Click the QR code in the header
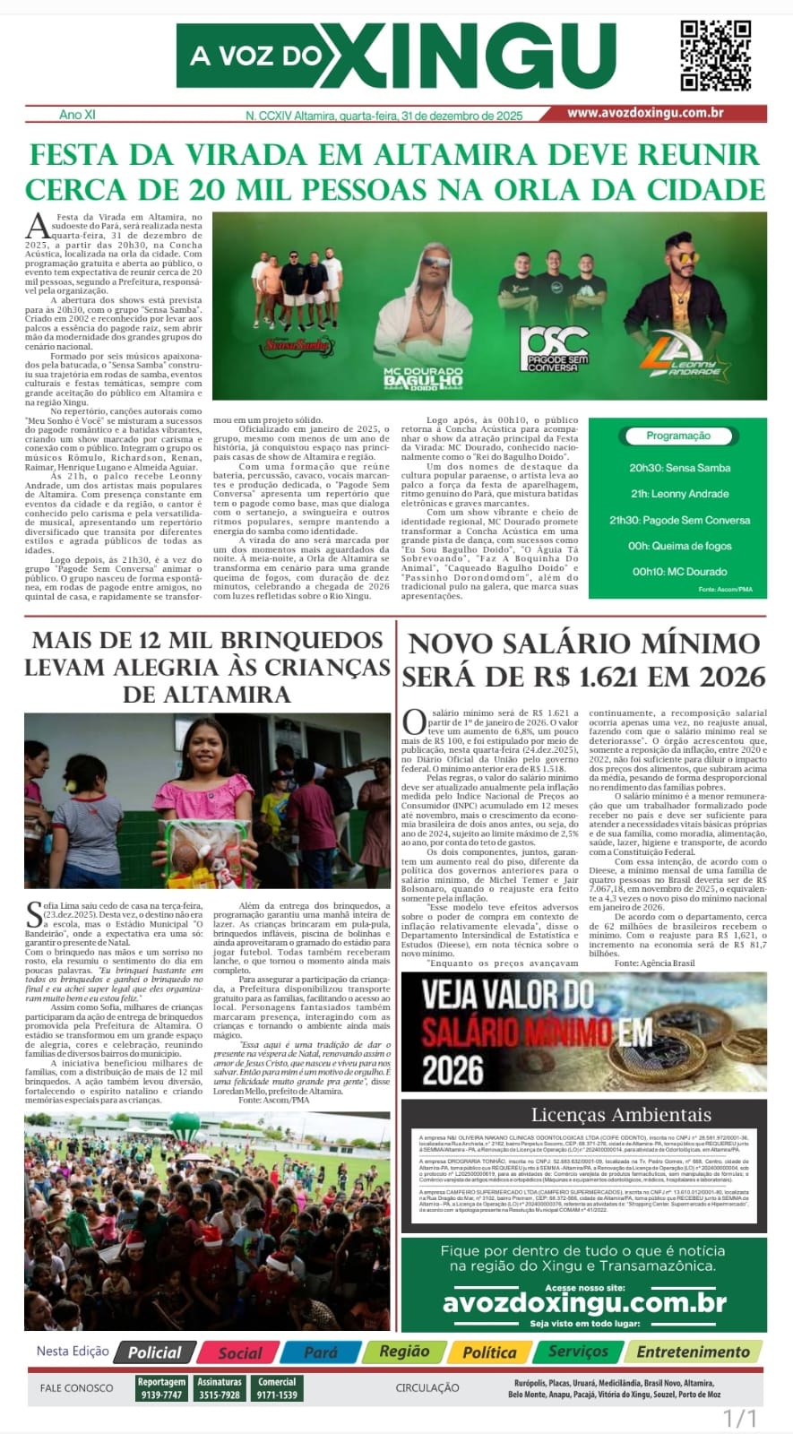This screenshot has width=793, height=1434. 715,55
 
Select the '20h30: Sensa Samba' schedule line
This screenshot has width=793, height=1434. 679,468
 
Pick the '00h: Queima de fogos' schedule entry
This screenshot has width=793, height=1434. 679,546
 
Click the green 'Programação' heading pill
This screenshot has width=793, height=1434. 678,436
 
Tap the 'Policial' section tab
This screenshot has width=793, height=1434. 155,1352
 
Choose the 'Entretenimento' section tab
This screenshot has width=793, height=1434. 693,1352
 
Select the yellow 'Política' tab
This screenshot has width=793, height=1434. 489,1352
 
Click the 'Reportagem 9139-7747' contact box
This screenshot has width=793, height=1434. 161,1388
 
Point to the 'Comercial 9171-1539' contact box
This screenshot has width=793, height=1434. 277,1388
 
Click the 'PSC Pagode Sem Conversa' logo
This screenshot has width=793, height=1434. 556,350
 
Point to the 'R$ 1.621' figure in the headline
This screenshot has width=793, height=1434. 556,675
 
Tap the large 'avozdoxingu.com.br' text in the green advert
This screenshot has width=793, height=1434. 584,1302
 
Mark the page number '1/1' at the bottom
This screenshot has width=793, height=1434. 740,1419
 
